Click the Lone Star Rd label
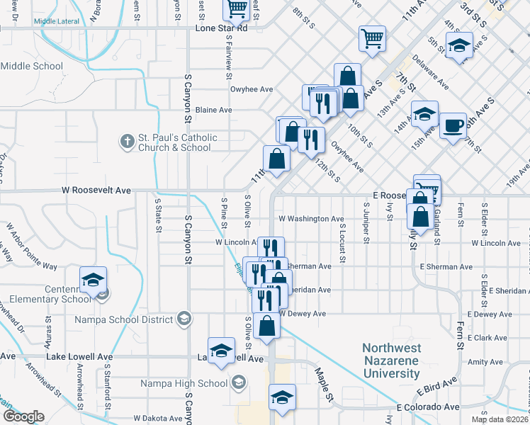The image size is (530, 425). pyautogui.click(x=221, y=29)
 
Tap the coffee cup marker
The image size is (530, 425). pyautogui.click(x=453, y=126)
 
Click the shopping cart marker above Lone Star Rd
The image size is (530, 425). pyautogui.click(x=237, y=8)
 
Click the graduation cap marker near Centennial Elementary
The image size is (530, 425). pyautogui.click(x=93, y=280)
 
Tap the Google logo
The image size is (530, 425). pyautogui.click(x=23, y=416)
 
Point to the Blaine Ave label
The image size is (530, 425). pyautogui.click(x=213, y=110)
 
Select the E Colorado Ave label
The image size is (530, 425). pyautogui.click(x=428, y=408)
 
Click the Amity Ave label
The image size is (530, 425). pyautogui.click(x=485, y=362)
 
